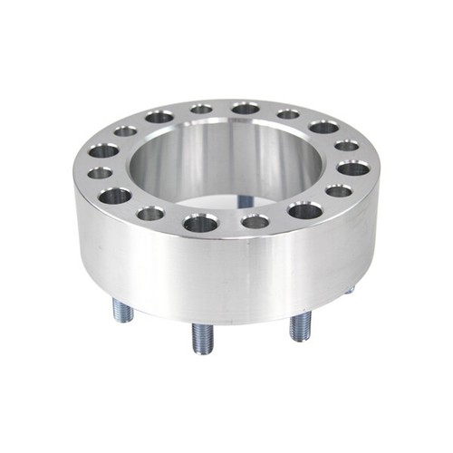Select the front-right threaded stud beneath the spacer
(x=300, y=325)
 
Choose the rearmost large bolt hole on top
(x=245, y=109)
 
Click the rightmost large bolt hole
(x=353, y=169)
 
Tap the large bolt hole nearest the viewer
(x=199, y=223)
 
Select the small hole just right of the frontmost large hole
(x=255, y=221)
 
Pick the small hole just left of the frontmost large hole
(x=150, y=214)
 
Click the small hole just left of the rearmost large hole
(x=201, y=109)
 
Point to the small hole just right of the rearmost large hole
(x=288, y=114)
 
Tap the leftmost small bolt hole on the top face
(x=101, y=172)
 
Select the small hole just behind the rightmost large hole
(x=346, y=145)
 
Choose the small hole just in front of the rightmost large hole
(x=339, y=190)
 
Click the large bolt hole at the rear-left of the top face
(x=159, y=117)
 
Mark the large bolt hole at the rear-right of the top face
(x=323, y=127)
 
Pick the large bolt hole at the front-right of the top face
(x=305, y=210)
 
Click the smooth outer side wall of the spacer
(x=226, y=272)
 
